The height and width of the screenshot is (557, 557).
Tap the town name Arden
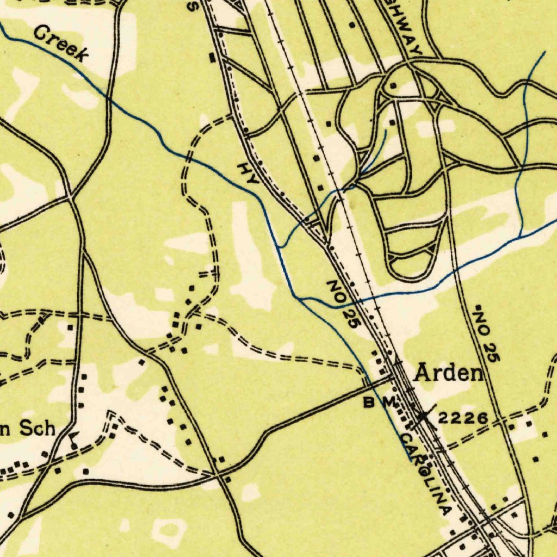(x=449, y=373)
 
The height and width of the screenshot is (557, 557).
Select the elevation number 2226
(x=462, y=418)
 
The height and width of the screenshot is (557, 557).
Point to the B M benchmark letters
(x=379, y=403)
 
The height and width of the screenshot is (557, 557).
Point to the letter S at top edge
(x=192, y=6)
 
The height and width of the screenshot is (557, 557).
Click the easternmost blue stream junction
(x=521, y=237)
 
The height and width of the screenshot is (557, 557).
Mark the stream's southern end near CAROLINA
(x=409, y=460)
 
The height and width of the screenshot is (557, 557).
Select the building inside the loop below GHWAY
(x=393, y=86)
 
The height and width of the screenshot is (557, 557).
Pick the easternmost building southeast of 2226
(x=545, y=435)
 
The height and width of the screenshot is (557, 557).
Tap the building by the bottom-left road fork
(x=11, y=514)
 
